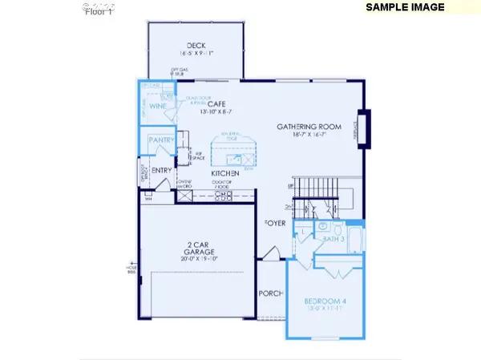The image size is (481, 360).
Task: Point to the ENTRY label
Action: [x=161, y=169]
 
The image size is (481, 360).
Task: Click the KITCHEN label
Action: [x=227, y=173]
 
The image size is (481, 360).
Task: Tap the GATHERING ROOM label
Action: [x=309, y=127]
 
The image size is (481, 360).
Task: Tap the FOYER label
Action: [x=275, y=223]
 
